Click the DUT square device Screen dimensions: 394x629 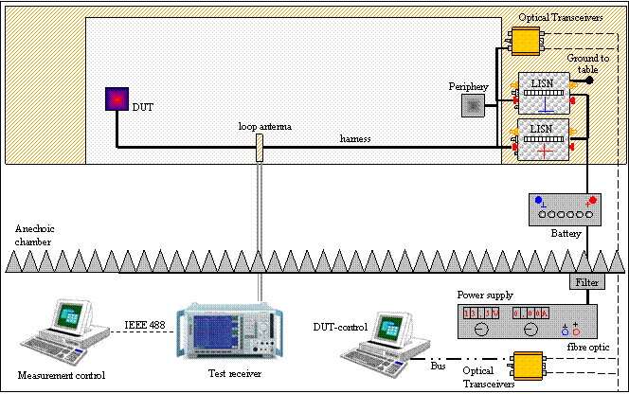click(116, 98)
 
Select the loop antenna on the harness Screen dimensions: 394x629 click(258, 147)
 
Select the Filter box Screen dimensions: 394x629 click(585, 282)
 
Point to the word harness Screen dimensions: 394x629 click(356, 139)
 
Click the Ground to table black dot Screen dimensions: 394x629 click(589, 81)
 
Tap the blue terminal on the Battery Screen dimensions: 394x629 click(539, 200)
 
